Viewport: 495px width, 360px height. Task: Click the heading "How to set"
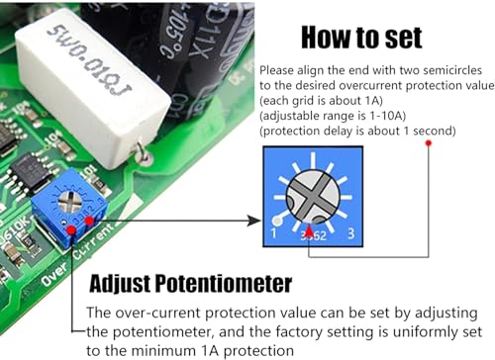click(x=361, y=39)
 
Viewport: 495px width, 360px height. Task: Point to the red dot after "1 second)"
click(x=428, y=142)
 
